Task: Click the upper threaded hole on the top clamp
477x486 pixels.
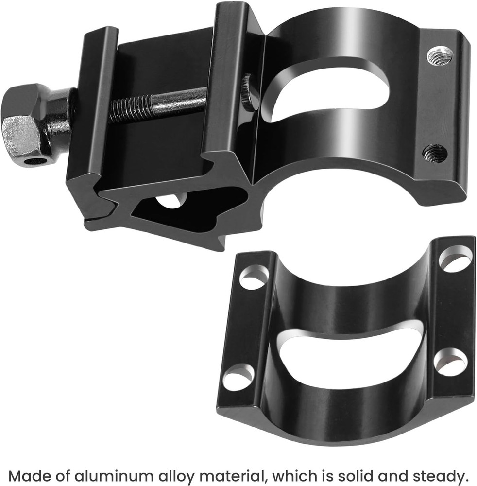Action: pos(440,55)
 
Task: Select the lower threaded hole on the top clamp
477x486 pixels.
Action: pos(435,154)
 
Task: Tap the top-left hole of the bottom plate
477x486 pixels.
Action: pos(254,277)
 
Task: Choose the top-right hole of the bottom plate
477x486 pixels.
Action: pos(455,259)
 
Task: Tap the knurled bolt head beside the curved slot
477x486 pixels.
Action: pos(249,92)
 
